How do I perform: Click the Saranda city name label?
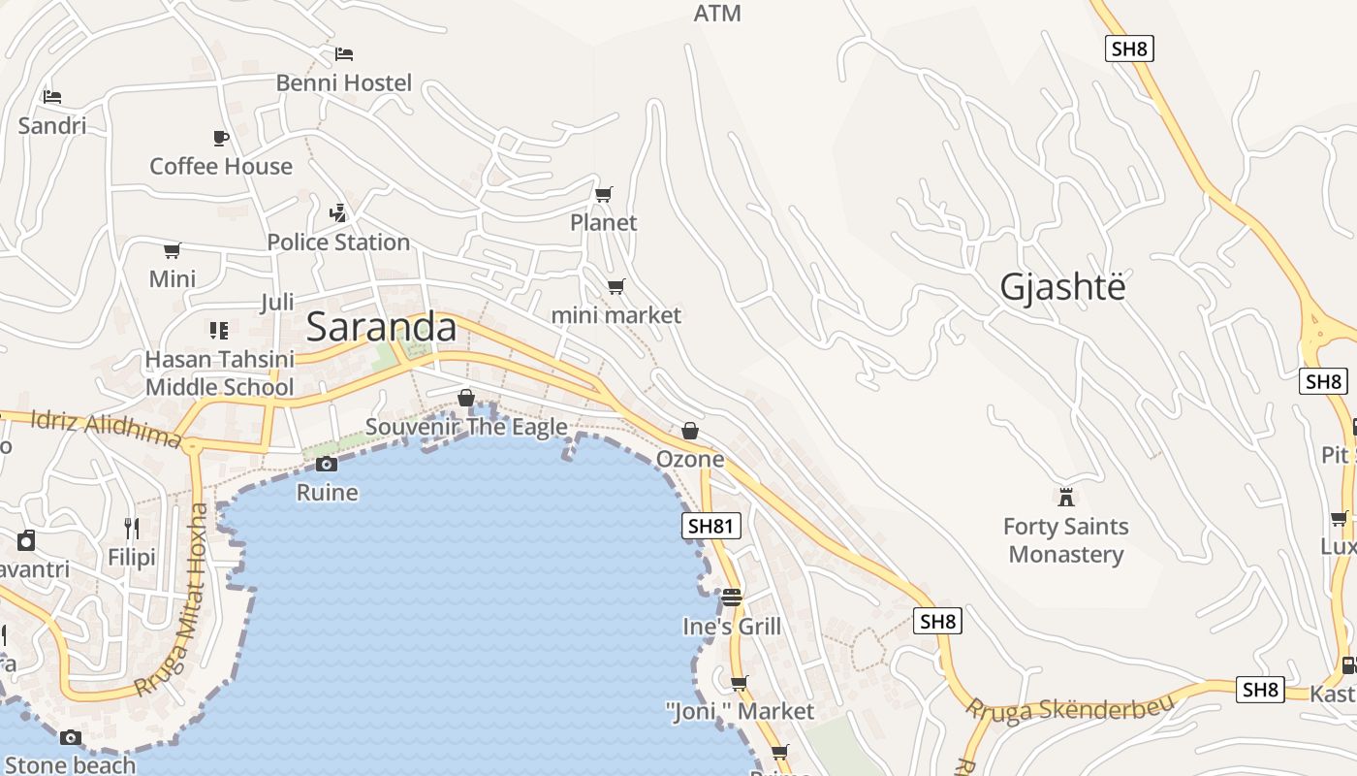click(x=381, y=328)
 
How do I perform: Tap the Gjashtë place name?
click(x=1062, y=287)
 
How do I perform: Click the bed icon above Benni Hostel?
click(x=344, y=53)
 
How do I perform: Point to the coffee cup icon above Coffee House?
click(x=221, y=138)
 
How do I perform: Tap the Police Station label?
click(x=338, y=242)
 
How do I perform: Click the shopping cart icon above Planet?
click(x=603, y=194)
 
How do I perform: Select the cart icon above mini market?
click(x=615, y=286)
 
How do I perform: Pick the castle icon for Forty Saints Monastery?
click(x=1066, y=498)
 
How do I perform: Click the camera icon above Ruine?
click(x=327, y=464)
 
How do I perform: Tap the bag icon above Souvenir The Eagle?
click(x=466, y=398)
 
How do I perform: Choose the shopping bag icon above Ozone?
click(x=690, y=430)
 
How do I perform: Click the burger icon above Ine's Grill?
click(x=732, y=597)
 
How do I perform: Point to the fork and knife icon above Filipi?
click(x=132, y=529)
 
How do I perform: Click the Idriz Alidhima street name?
click(x=106, y=429)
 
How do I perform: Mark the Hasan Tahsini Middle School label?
click(x=219, y=373)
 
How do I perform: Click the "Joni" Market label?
click(x=741, y=711)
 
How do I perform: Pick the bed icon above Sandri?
click(x=52, y=97)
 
